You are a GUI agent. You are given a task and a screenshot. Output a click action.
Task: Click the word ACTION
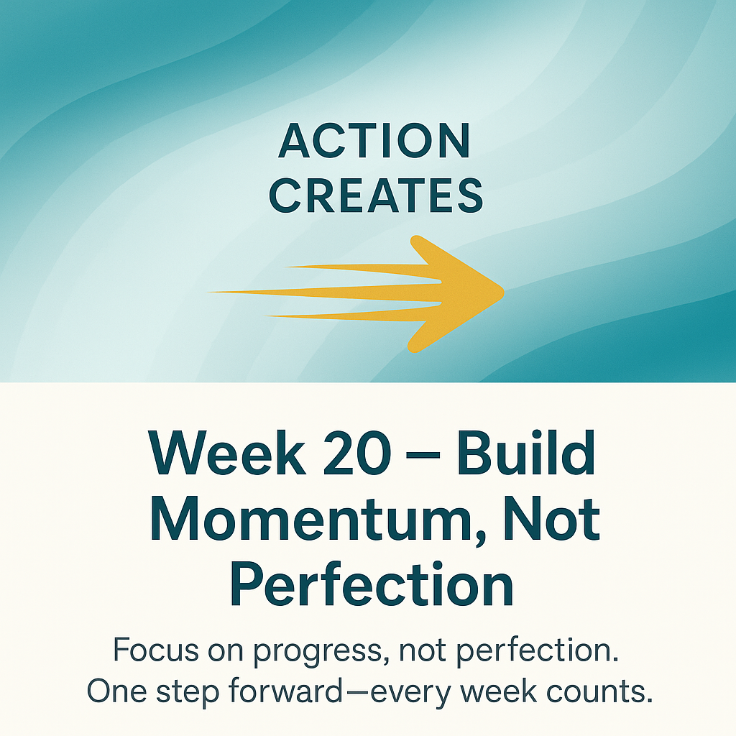374,142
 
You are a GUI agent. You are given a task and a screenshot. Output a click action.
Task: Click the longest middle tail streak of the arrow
323,292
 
